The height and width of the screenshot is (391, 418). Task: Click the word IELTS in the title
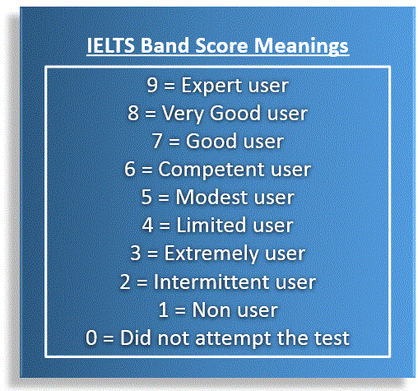(x=110, y=45)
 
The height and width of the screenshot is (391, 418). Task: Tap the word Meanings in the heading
(x=301, y=46)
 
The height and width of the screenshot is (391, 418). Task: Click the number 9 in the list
(x=152, y=85)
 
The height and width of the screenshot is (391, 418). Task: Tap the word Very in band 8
(x=183, y=114)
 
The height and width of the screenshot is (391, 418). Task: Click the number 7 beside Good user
(x=157, y=141)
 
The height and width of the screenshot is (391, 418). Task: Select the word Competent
(x=211, y=170)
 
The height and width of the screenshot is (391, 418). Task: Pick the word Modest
(x=211, y=197)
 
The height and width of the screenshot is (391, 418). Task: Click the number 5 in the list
(x=146, y=197)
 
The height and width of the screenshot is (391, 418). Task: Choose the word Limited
(x=211, y=225)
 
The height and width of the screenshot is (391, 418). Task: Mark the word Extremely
(x=211, y=254)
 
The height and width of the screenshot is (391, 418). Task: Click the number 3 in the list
(x=136, y=253)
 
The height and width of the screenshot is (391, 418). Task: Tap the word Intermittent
(x=211, y=282)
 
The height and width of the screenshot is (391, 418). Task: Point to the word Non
(x=211, y=310)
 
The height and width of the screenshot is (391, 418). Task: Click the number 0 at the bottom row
(x=91, y=337)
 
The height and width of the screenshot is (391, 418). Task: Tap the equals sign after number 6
(x=146, y=170)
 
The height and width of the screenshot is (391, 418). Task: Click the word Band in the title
(x=165, y=45)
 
